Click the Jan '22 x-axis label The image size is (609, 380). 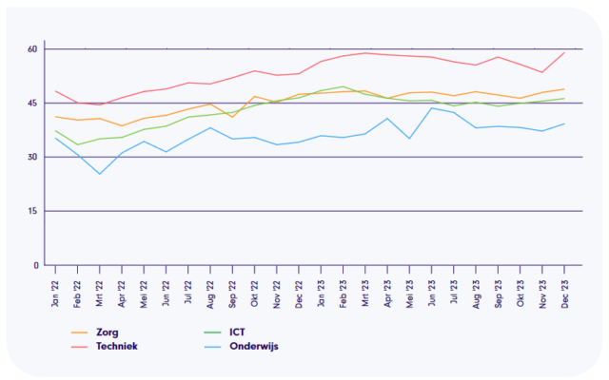[x=56, y=284]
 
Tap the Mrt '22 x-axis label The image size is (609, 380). [x=100, y=284]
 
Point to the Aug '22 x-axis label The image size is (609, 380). [x=211, y=284]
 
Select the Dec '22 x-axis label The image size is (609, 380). [x=300, y=284]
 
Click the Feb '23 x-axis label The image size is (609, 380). [x=344, y=284]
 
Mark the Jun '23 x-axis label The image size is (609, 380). [x=433, y=284]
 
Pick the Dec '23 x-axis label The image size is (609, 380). [x=566, y=284]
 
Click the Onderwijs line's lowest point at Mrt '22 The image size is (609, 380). [x=100, y=174]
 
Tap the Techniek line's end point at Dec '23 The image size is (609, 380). [x=566, y=52]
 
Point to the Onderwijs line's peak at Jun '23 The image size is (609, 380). [x=433, y=107]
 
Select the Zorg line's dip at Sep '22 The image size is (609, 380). [x=233, y=116]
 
